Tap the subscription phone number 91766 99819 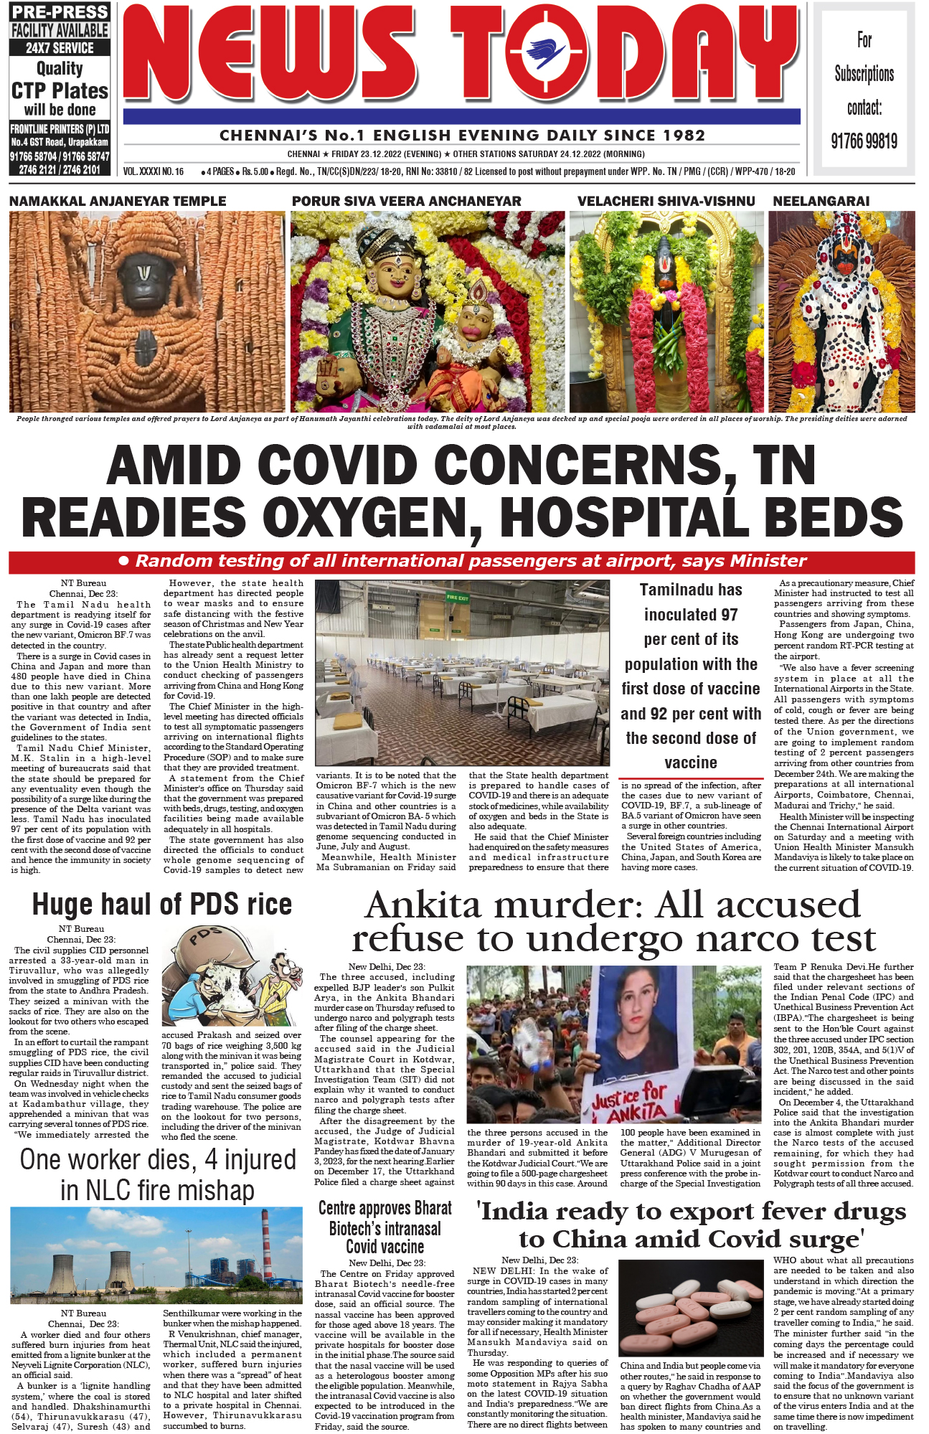pos(864,141)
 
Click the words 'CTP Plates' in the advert pos(60,91)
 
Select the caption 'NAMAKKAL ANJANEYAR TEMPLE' pos(118,202)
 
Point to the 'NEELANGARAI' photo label pos(821,202)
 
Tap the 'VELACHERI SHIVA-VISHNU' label pos(666,202)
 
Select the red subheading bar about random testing pos(461,562)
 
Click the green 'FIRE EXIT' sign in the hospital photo pos(457,597)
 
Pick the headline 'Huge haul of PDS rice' pos(162,905)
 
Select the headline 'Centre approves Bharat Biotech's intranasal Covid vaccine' pos(385,1227)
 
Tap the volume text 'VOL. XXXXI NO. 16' pos(154,172)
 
